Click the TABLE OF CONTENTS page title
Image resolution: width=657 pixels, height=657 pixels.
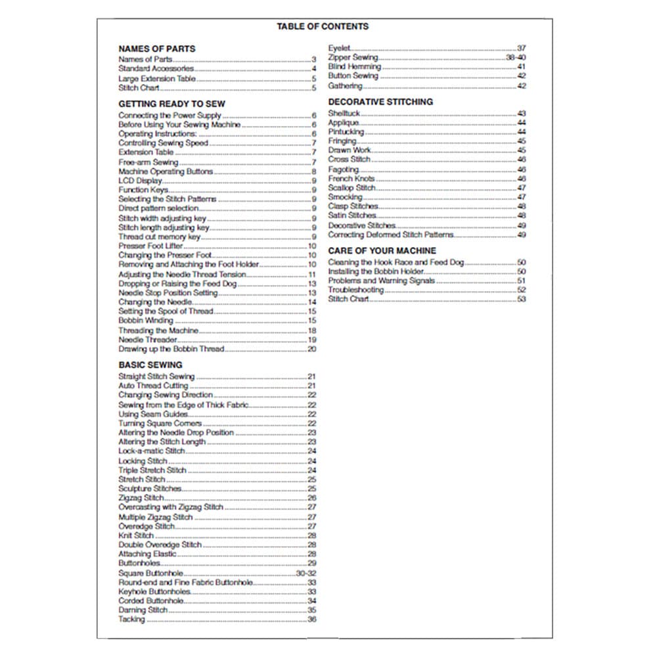pyautogui.click(x=323, y=26)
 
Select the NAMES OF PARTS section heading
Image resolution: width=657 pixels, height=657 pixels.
pyautogui.click(x=156, y=49)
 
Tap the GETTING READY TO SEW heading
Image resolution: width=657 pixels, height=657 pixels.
pyautogui.click(x=171, y=104)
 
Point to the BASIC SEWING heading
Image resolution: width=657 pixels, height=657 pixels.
pyautogui.click(x=150, y=365)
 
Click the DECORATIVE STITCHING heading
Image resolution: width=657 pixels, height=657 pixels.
pyautogui.click(x=380, y=102)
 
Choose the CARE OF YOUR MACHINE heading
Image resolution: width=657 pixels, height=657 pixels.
pyautogui.click(x=382, y=251)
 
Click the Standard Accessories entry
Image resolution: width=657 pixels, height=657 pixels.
pyautogui.click(x=156, y=68)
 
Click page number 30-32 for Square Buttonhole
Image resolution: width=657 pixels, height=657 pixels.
pyautogui.click(x=306, y=573)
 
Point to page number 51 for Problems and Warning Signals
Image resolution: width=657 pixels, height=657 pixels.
pyautogui.click(x=522, y=281)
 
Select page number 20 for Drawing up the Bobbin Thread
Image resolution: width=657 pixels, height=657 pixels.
pyautogui.click(x=312, y=349)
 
